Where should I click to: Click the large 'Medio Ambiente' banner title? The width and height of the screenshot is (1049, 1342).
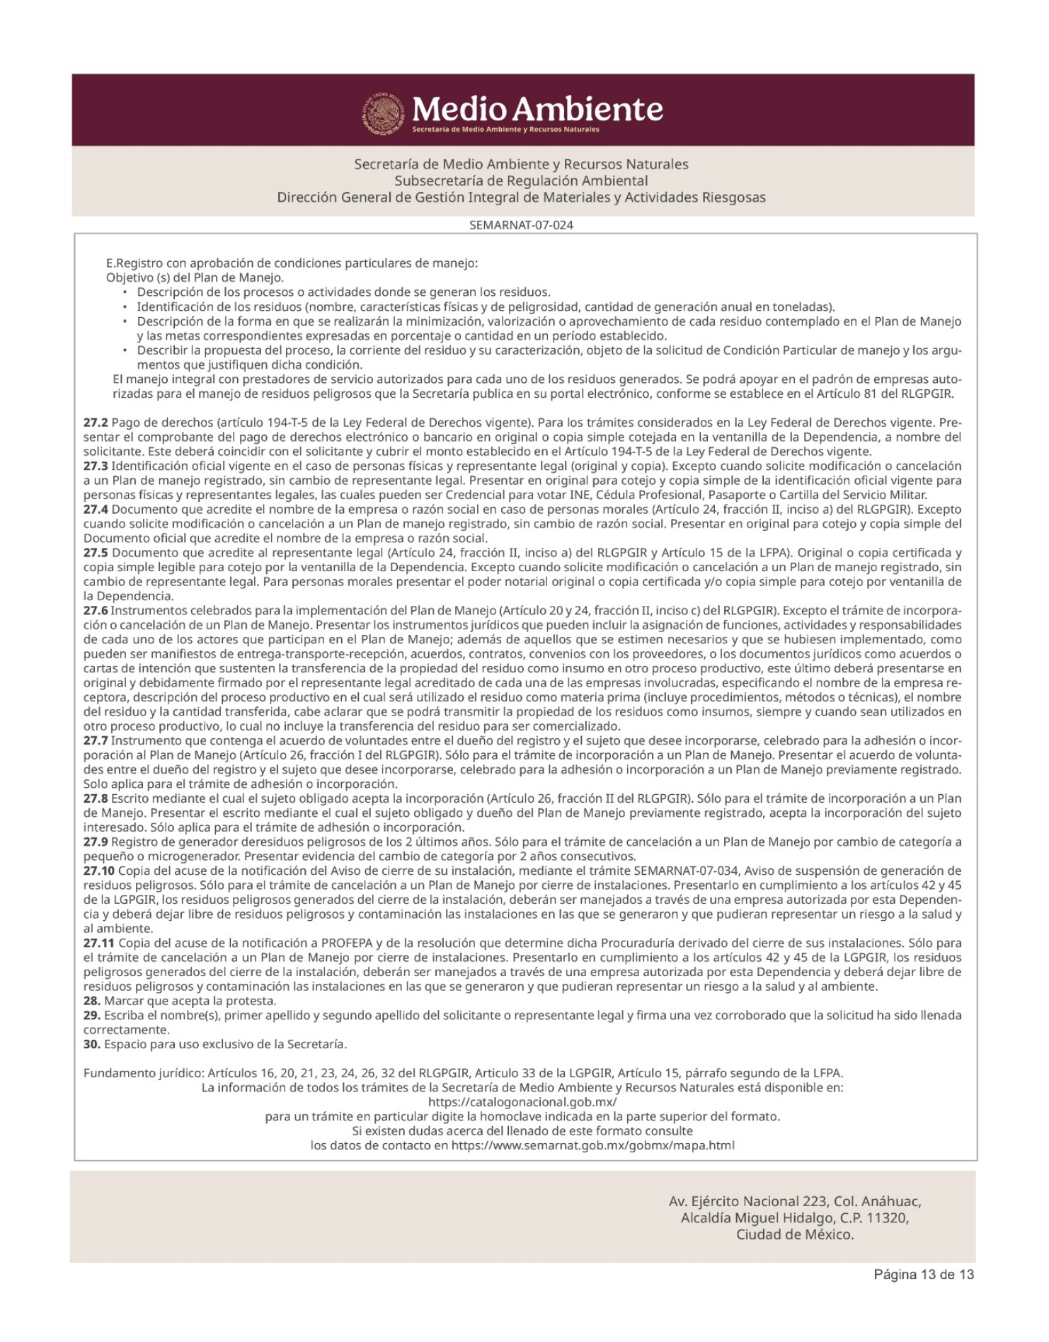[x=538, y=108]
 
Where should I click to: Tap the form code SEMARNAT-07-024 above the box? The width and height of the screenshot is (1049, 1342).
[x=521, y=225]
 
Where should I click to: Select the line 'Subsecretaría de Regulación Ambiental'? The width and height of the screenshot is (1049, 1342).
[x=521, y=180]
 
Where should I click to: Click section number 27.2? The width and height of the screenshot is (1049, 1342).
[x=96, y=423]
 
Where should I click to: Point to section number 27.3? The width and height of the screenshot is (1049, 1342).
[x=96, y=466]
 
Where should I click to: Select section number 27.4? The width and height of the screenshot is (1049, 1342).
[x=96, y=509]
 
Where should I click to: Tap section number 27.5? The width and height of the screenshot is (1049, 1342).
[x=96, y=553]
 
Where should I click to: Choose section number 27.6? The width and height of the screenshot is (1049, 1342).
[x=96, y=610]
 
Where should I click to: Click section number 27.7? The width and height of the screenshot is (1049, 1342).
[x=96, y=740]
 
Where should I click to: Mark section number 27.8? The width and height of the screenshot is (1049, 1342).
[x=96, y=798]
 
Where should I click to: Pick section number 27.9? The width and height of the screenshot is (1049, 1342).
[x=96, y=842]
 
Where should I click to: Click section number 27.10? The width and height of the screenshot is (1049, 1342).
[x=98, y=871]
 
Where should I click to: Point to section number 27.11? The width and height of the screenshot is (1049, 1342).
[x=98, y=943]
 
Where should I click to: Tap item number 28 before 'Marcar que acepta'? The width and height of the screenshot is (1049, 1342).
[x=92, y=1001]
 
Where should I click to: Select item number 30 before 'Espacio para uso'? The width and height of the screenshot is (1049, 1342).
[x=92, y=1044]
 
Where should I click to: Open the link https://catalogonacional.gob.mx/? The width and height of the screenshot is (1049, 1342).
[x=522, y=1102]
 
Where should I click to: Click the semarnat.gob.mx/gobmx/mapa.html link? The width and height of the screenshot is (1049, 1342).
[x=592, y=1145]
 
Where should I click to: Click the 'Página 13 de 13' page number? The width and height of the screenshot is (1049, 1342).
[x=924, y=1275]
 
